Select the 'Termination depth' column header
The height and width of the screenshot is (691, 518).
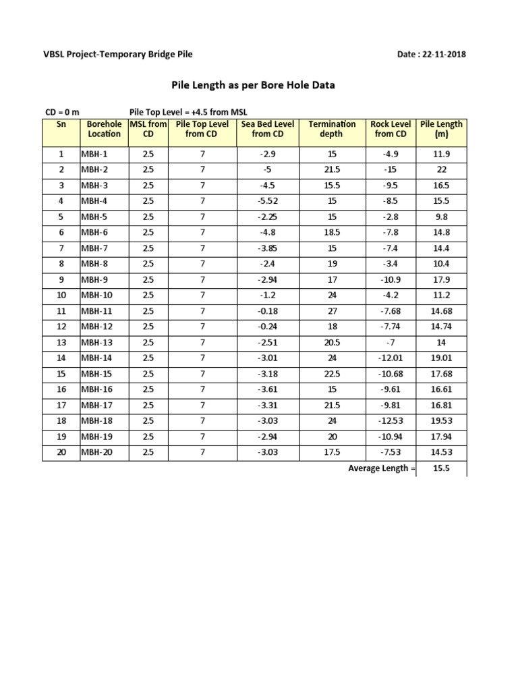tap(332, 129)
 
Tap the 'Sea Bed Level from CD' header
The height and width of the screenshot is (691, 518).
tap(268, 129)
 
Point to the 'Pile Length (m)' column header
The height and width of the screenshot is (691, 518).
tap(441, 129)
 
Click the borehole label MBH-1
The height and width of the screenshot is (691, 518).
tap(94, 154)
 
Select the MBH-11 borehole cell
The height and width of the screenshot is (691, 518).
tap(96, 311)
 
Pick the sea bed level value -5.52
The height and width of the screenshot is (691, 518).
tap(268, 201)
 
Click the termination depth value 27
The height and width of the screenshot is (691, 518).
tap(332, 311)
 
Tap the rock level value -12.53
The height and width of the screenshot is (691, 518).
tap(391, 421)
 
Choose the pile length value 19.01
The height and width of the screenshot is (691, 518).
tap(441, 358)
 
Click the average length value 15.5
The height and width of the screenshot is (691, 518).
tap(441, 468)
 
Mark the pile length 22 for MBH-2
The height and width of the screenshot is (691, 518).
tap(441, 169)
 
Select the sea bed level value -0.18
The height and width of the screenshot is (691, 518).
tap(268, 311)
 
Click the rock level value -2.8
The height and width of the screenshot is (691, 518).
tap(391, 217)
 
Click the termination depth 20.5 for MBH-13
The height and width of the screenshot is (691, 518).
tap(332, 343)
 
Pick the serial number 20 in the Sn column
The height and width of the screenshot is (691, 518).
tap(61, 453)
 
